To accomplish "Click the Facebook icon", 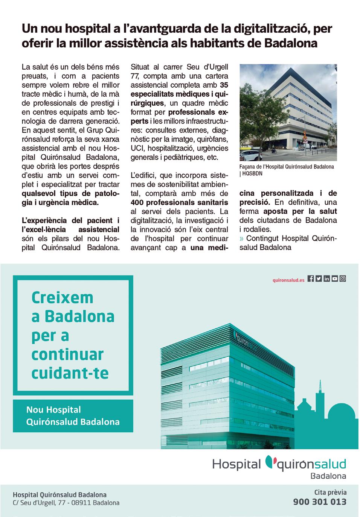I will point(311,279).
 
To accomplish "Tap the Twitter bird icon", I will point(319,279).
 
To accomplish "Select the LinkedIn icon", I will point(326,279).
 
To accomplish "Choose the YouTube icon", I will point(334,279).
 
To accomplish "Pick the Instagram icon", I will point(343,279).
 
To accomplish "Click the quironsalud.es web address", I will point(288,280).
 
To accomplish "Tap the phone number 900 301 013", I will point(320,502).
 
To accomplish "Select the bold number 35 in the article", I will point(224,85).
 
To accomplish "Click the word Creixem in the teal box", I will point(62,297).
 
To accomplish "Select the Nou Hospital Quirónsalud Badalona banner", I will point(73,416).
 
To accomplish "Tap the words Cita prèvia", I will point(330,492).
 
